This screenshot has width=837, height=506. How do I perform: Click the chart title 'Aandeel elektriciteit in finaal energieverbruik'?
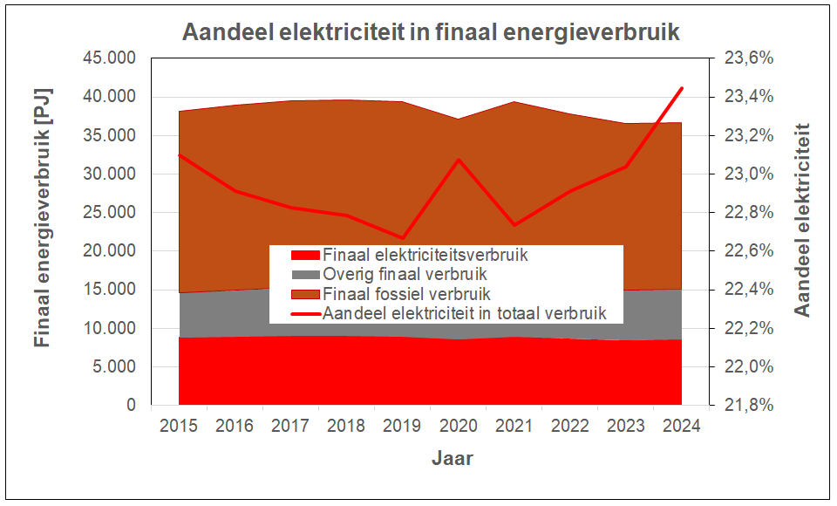pos(431,32)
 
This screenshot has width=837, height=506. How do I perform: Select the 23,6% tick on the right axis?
pos(748,58)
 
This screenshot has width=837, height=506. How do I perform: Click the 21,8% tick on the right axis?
pos(748,406)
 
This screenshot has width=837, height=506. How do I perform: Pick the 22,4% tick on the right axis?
pos(748,290)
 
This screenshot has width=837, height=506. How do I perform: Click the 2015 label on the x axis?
pos(179,427)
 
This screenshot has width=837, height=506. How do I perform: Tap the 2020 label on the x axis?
pos(458,427)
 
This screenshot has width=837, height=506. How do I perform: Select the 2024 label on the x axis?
pos(681,427)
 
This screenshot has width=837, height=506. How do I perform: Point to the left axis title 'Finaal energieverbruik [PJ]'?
pos(42,217)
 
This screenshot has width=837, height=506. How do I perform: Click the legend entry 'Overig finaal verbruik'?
pos(400,275)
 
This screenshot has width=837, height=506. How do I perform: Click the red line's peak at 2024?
pos(681,88)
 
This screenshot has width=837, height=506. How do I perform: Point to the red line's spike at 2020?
pos(458,159)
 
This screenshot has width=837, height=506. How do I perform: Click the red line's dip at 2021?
pos(514,225)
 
